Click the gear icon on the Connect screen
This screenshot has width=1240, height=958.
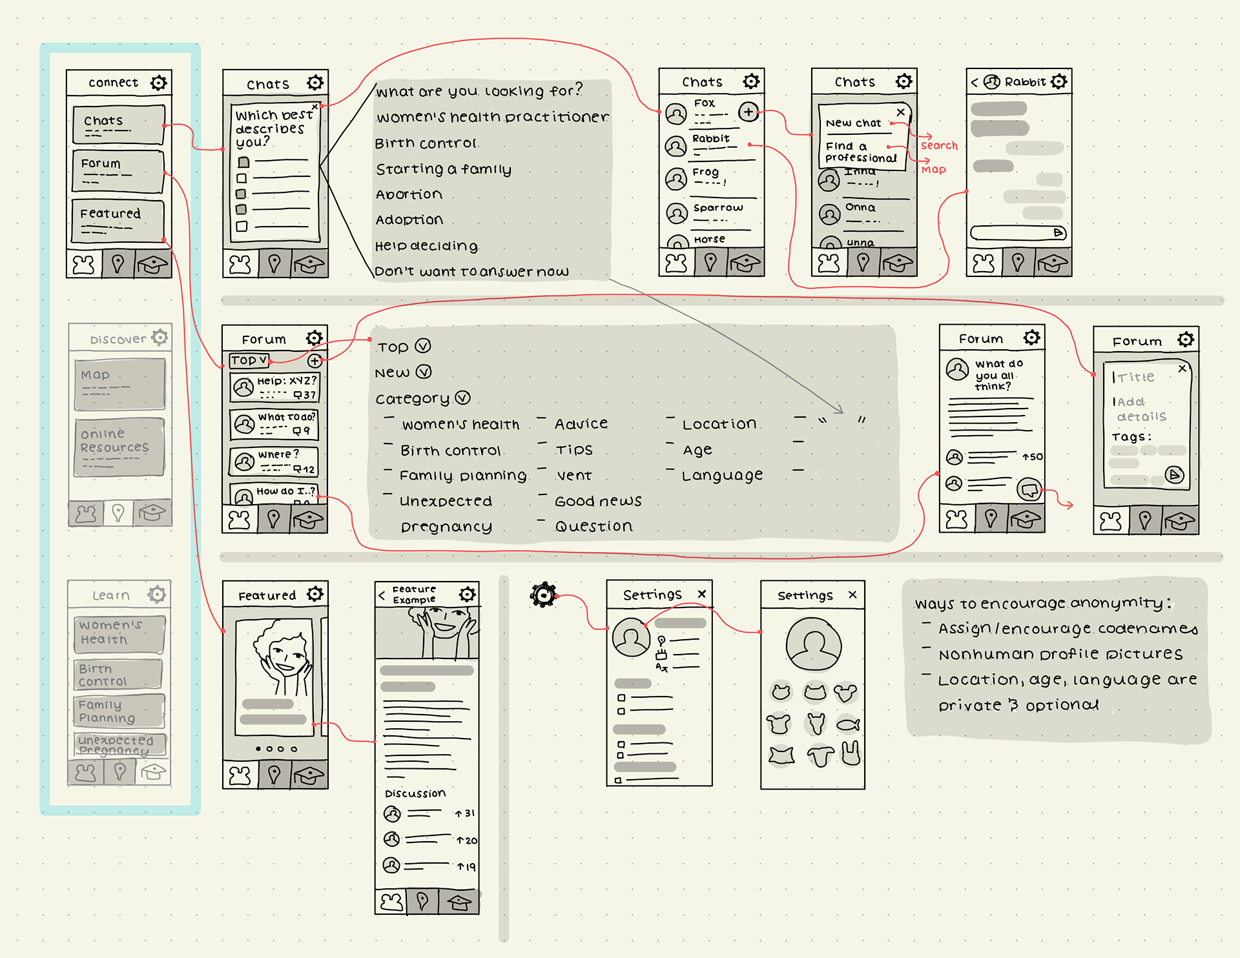coord(158,83)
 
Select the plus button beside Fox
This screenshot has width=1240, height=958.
coord(748,112)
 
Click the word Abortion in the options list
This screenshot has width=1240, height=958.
coord(409,194)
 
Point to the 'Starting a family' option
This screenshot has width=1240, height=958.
coord(444,169)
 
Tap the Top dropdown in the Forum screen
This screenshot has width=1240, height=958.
coord(249,360)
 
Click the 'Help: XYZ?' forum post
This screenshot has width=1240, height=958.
coord(275,387)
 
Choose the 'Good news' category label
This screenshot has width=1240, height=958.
coord(598,501)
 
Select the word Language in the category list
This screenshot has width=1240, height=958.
coord(722,476)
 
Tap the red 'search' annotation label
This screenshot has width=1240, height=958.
coord(939,146)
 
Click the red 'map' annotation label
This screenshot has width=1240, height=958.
coord(934,170)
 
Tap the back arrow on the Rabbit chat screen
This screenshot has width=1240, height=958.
coord(974,83)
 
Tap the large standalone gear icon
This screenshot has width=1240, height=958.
coord(543,595)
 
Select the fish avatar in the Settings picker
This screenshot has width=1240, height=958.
coord(847,725)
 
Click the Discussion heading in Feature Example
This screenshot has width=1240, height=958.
coord(415,793)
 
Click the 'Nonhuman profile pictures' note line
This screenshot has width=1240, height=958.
coord(1060,655)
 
